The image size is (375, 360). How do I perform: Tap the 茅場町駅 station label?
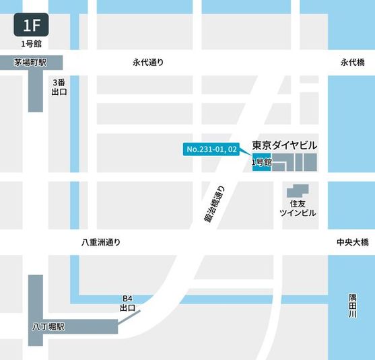coord(30,63)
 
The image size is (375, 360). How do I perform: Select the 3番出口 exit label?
coord(59,87)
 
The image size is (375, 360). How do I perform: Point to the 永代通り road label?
coord(148,63)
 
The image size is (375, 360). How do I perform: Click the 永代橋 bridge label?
coord(352,63)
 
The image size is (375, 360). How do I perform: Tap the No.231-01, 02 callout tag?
coord(211,149)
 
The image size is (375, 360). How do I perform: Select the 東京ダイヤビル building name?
coord(284,145)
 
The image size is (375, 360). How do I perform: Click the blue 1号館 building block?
coord(261,163)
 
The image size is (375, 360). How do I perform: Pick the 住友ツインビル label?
coord(298,207)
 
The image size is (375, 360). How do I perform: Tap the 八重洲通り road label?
coord(96,242)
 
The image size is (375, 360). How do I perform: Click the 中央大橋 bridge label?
coord(352,242)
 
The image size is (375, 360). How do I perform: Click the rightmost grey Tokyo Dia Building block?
coord(310,162)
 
